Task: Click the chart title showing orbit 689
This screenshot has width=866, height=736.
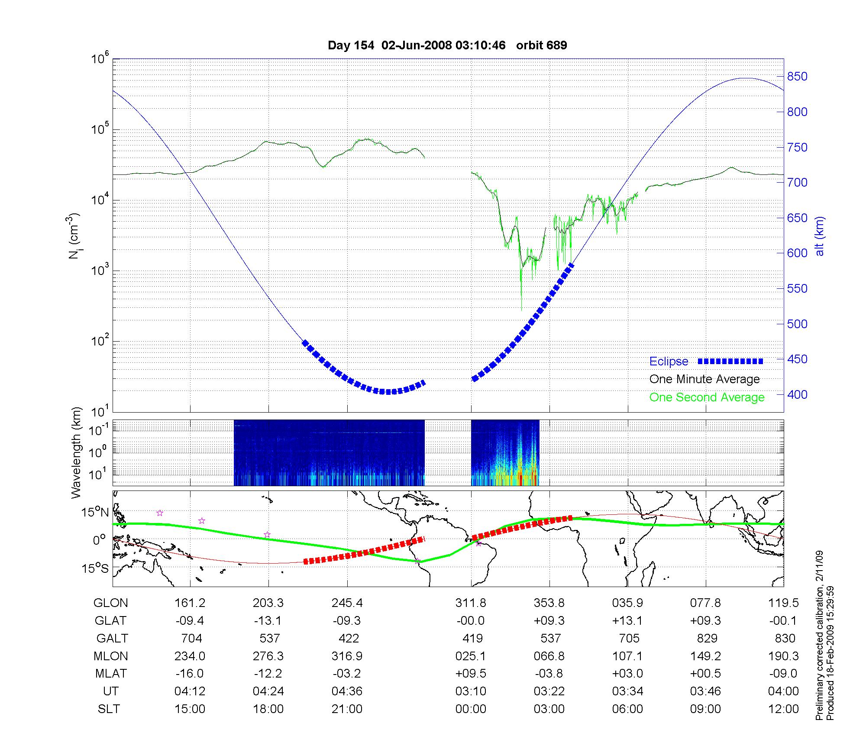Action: pyautogui.click(x=447, y=45)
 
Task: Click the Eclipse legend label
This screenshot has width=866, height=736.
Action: pyautogui.click(x=669, y=362)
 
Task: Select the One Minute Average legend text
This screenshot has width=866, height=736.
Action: pyautogui.click(x=704, y=379)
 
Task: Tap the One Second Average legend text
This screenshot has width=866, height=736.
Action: pyautogui.click(x=707, y=397)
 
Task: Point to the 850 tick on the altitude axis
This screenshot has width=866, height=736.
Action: pyautogui.click(x=797, y=77)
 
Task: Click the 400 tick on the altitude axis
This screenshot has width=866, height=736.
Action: pyautogui.click(x=797, y=394)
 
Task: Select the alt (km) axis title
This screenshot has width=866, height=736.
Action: pyautogui.click(x=820, y=236)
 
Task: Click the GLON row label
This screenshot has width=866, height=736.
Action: pyautogui.click(x=111, y=603)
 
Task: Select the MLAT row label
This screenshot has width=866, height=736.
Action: pyautogui.click(x=111, y=674)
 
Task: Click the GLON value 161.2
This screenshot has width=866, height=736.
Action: pyautogui.click(x=190, y=603)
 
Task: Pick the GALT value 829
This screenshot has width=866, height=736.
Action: pyautogui.click(x=706, y=639)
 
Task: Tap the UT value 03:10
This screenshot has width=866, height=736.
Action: pyautogui.click(x=471, y=691)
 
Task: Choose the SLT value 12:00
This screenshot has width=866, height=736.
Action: pyautogui.click(x=783, y=709)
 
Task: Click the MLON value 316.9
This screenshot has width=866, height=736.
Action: pyautogui.click(x=347, y=656)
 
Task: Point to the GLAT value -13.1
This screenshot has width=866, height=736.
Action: pyautogui.click(x=268, y=621)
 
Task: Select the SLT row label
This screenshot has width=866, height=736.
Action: pyautogui.click(x=109, y=709)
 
